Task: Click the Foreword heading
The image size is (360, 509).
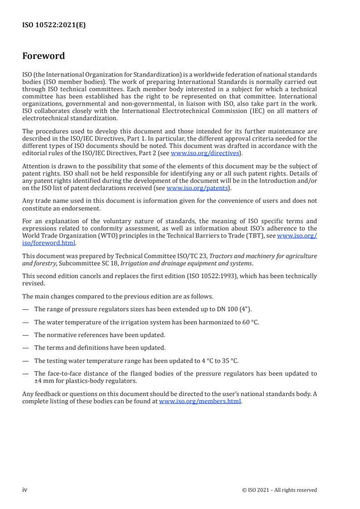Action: click(44, 56)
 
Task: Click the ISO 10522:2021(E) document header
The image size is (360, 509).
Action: click(54, 25)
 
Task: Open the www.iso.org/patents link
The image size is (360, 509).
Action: click(197, 188)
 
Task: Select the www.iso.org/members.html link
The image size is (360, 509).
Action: click(200, 401)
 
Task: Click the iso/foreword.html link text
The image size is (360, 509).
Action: click(49, 243)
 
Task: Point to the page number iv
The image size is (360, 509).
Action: click(25, 489)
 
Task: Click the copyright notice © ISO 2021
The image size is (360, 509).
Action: click(279, 490)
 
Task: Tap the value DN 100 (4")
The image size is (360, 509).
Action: click(235, 309)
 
